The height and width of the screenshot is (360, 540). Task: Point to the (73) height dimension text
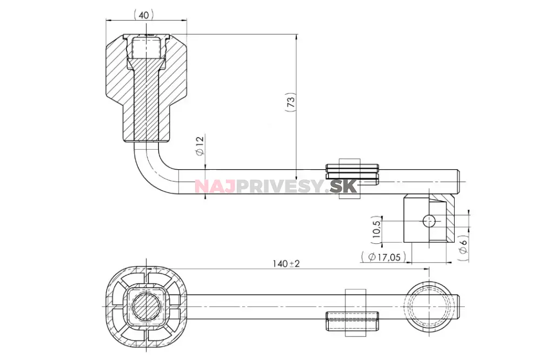(291, 102)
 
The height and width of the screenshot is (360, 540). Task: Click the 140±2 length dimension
(286, 263)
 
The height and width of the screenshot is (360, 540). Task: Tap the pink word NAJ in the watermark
(214, 186)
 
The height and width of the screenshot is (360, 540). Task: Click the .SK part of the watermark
(343, 186)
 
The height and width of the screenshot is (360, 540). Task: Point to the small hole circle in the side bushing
(429, 221)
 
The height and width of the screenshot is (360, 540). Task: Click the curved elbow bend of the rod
(149, 173)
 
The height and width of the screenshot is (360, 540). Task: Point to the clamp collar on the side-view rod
(350, 178)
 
